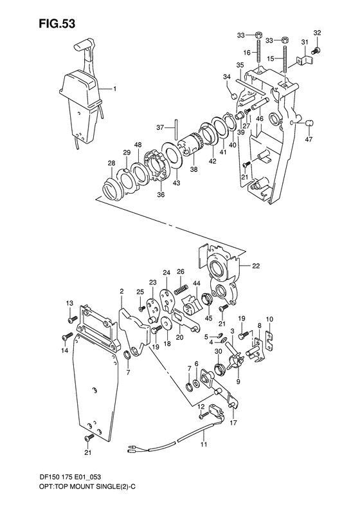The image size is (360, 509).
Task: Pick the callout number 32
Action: point(317,33)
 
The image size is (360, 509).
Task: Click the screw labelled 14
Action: point(66,337)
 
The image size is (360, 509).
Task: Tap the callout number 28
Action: point(111,164)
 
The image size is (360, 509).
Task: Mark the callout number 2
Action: point(121,292)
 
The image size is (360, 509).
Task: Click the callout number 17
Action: point(232,423)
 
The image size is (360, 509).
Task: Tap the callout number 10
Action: point(269,319)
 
